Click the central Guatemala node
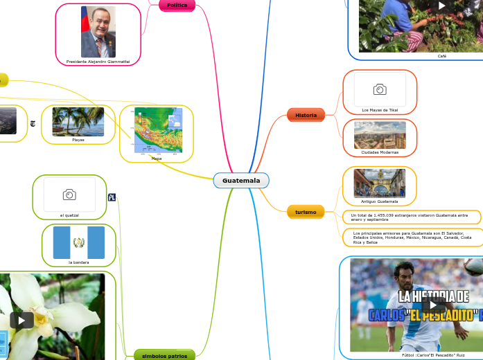(x=241, y=181)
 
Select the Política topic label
(x=177, y=6)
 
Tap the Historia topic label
(x=306, y=115)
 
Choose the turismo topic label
(x=306, y=212)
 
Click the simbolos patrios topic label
(x=160, y=356)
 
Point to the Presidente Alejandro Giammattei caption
(x=98, y=62)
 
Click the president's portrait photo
(x=98, y=32)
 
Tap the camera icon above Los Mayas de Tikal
(x=380, y=90)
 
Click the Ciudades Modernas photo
(x=380, y=135)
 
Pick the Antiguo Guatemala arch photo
(x=380, y=183)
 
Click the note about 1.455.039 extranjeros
(x=411, y=217)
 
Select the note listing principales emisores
(x=411, y=237)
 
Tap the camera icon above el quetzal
(x=69, y=195)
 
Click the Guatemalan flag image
(x=78, y=242)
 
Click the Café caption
(x=442, y=56)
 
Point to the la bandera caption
(x=78, y=262)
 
